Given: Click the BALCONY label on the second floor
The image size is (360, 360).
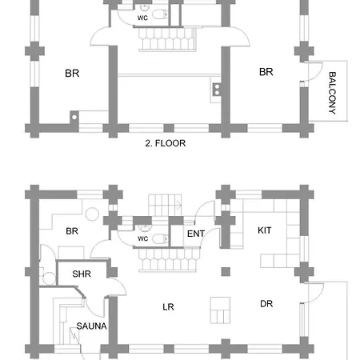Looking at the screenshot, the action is click(332, 93).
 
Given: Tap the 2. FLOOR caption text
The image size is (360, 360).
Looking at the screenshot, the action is click(166, 143).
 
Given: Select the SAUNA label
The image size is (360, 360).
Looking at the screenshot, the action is click(91, 326).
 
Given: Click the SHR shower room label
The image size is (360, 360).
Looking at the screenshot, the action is click(82, 274).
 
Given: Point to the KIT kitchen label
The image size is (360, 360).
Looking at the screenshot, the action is click(265, 230).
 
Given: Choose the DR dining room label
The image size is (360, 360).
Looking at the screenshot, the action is click(266, 304).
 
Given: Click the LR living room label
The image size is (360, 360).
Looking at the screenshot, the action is click(168, 307).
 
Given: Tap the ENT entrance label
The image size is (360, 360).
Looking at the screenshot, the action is click(196, 234).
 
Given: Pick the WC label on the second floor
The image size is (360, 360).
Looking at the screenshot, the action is click(142, 18).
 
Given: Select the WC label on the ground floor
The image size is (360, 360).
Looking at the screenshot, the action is click(143, 238).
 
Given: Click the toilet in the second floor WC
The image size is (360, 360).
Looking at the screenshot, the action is click(160, 14).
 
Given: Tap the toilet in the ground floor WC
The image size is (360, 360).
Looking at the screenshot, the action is click(160, 238).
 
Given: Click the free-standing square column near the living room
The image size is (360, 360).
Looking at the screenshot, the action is click(226, 272).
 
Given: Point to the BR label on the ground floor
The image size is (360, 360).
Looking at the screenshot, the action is click(72, 231).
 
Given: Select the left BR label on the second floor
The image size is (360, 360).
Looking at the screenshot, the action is click(72, 73).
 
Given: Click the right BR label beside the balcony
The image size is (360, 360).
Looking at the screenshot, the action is click(266, 72).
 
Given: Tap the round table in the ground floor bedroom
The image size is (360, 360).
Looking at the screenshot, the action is click(92, 214).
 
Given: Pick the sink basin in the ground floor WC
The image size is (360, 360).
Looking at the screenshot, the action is click(145, 228).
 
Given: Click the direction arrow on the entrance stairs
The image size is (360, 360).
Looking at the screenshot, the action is click(178, 206).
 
